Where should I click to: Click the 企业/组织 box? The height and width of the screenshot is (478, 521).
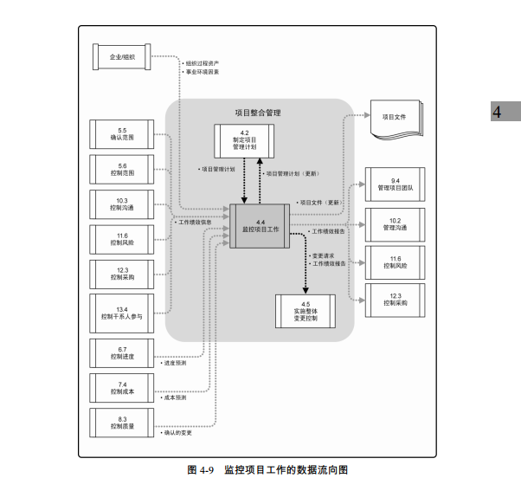pos(123,58)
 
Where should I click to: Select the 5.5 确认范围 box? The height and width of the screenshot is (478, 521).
pos(123,134)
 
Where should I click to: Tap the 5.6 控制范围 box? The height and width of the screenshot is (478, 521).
pos(123,169)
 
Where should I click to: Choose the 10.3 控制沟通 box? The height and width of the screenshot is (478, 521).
pos(123,204)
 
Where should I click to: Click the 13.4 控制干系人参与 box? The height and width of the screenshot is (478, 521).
pos(123,312)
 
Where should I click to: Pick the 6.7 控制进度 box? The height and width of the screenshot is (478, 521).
pos(123,352)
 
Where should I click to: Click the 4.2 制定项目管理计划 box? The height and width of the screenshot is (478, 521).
pos(244,140)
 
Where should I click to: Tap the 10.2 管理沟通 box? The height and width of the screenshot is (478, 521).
pos(395,223)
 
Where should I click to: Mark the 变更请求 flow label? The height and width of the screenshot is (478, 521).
pos(325,256)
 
